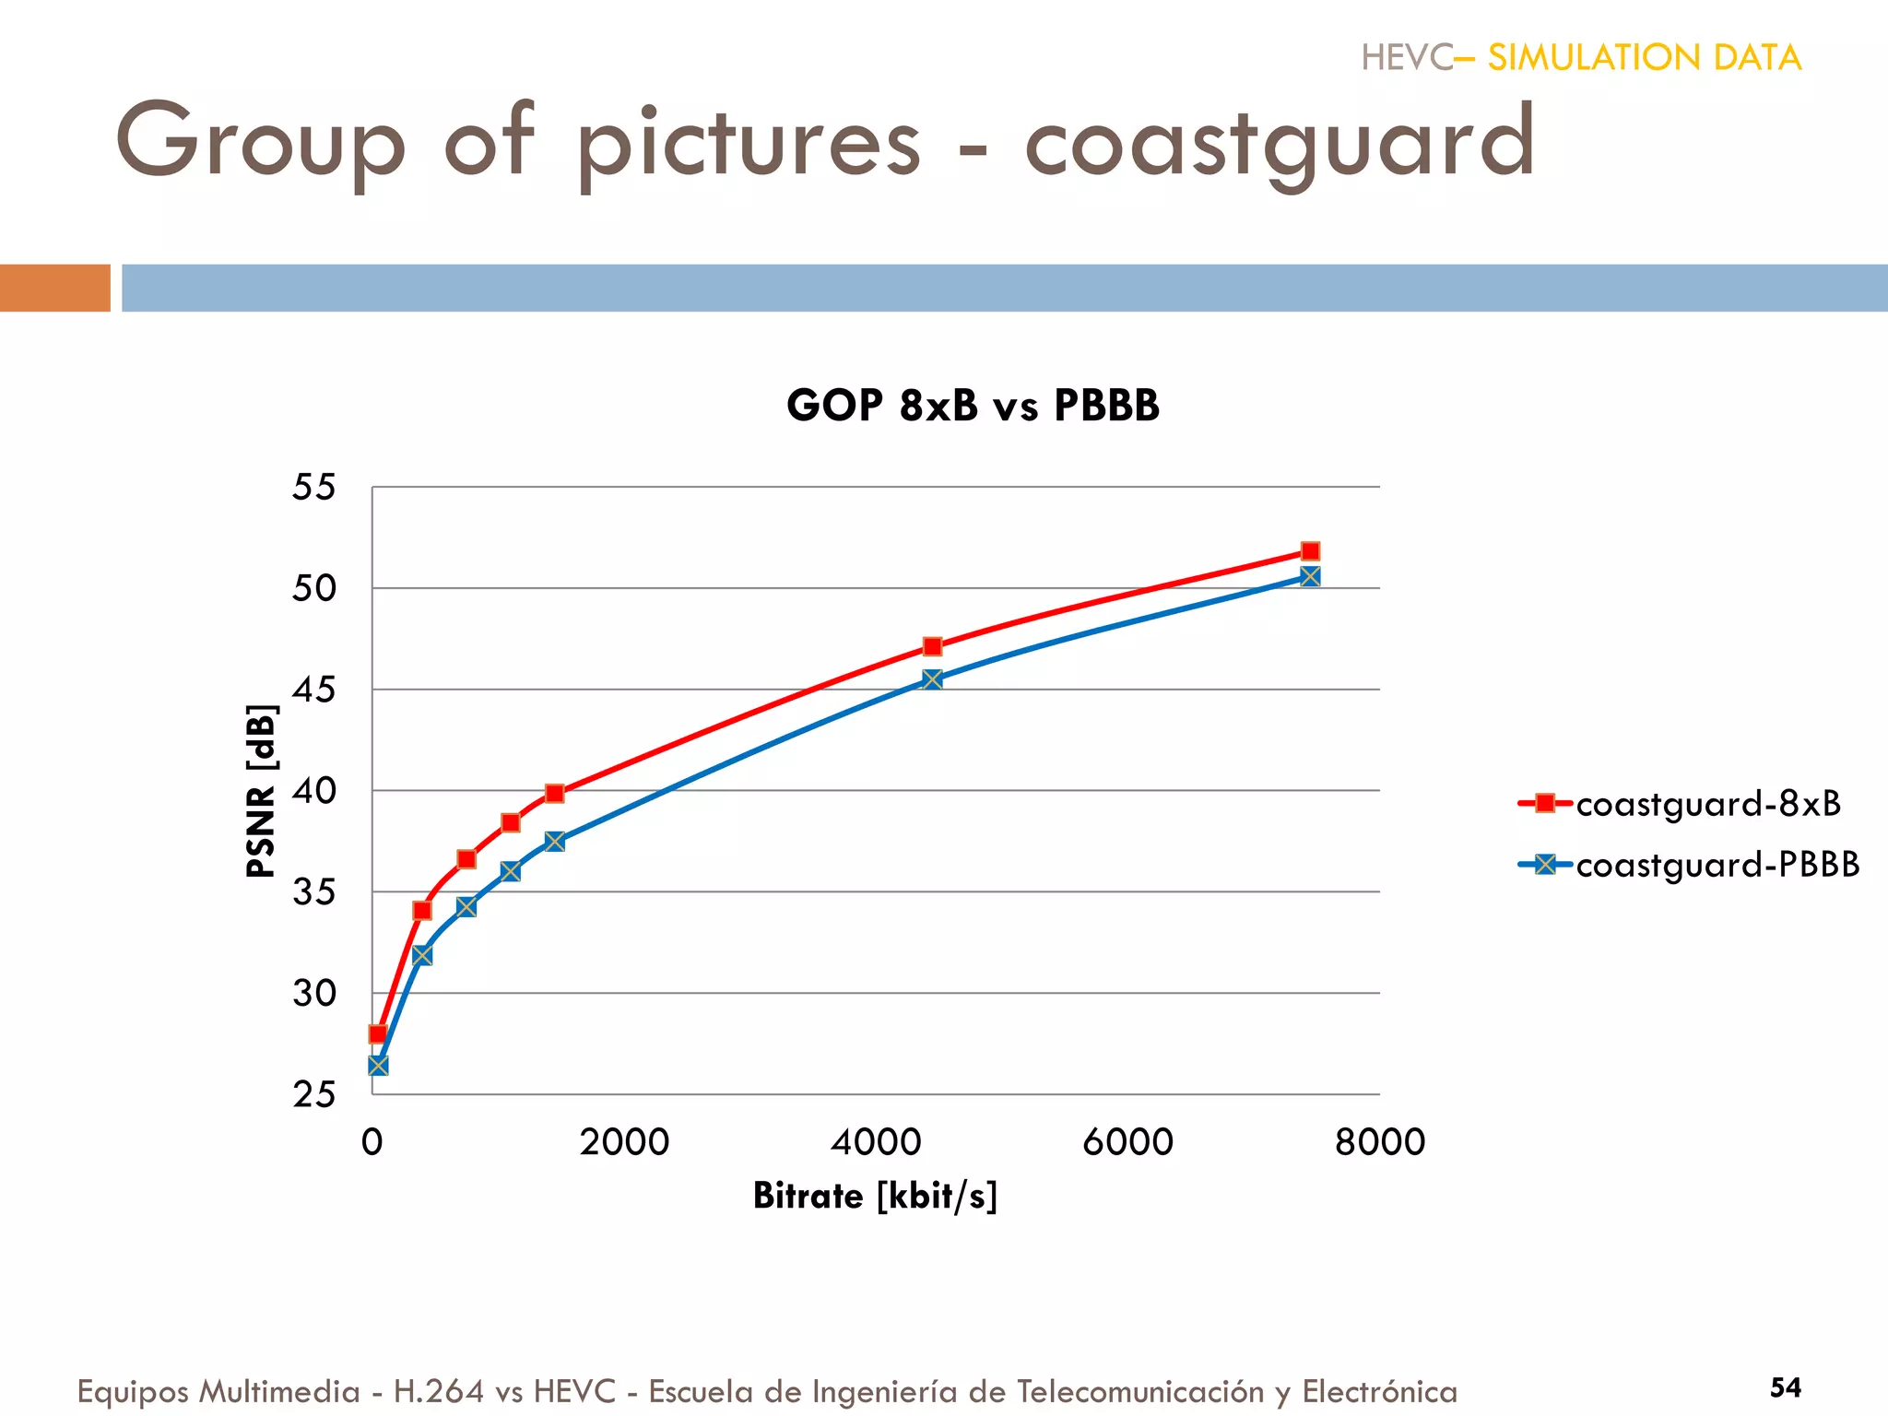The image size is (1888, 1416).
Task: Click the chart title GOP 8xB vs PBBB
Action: (973, 406)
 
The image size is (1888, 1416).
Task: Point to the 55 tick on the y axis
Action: (313, 487)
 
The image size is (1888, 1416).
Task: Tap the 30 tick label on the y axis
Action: (313, 994)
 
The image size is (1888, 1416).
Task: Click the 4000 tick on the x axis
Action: (876, 1142)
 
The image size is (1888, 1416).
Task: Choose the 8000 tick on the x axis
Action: (1379, 1142)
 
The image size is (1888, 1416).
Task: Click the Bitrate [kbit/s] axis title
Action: (875, 1196)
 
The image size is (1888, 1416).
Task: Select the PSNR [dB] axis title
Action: (261, 791)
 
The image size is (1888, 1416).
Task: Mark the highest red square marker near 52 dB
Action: (1310, 551)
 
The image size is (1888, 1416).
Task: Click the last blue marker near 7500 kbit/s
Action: (1310, 576)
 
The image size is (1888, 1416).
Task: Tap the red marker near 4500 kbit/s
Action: (932, 646)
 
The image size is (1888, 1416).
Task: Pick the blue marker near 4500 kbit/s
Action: (932, 679)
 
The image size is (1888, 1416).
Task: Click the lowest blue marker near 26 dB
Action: (378, 1066)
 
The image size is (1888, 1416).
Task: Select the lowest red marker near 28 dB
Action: (378, 1033)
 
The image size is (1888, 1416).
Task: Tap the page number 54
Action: (1785, 1387)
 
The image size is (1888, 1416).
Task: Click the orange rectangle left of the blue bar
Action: (54, 288)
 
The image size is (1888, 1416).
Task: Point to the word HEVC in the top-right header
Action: (1407, 58)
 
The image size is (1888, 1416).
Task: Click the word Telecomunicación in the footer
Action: (1140, 1391)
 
